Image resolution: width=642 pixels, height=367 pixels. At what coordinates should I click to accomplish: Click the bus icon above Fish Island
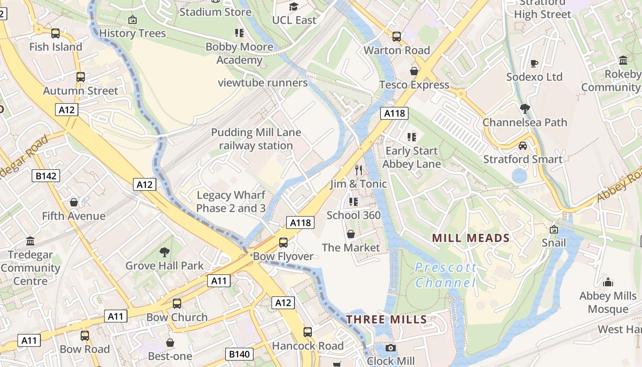point(55,33)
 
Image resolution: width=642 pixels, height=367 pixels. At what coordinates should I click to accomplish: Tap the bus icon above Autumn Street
point(81,77)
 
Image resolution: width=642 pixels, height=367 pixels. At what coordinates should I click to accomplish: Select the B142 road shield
point(46,176)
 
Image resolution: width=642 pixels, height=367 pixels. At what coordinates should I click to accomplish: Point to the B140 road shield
point(239,354)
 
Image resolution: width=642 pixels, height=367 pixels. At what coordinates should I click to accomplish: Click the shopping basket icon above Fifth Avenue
point(73,202)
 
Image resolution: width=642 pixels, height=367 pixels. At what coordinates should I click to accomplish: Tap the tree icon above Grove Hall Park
point(164,252)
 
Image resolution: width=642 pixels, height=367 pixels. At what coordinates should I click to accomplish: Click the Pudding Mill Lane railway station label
point(256,139)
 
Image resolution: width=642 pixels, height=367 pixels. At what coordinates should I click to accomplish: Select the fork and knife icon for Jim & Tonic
point(359,170)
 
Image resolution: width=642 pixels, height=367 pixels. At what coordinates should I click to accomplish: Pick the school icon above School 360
point(353,201)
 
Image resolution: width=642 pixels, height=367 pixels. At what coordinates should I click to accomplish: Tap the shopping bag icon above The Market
point(351,234)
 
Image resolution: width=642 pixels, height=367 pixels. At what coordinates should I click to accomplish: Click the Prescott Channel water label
point(446,275)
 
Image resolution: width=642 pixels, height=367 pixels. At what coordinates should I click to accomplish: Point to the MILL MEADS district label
point(471,238)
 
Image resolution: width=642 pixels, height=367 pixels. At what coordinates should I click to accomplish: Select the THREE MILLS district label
point(387,319)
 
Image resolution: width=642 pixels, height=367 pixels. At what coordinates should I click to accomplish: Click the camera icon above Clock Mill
point(391,348)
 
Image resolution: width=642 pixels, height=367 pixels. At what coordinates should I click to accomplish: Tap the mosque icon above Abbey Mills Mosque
point(608,282)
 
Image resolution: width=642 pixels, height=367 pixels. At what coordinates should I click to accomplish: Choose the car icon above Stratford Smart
point(522,146)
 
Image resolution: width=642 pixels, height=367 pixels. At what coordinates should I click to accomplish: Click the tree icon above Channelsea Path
point(525,109)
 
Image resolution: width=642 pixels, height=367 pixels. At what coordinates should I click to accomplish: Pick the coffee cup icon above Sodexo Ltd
point(534,63)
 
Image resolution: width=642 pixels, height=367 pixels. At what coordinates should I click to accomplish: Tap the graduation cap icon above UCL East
point(293,6)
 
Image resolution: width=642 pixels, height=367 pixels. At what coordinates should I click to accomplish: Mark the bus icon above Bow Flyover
point(283,242)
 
